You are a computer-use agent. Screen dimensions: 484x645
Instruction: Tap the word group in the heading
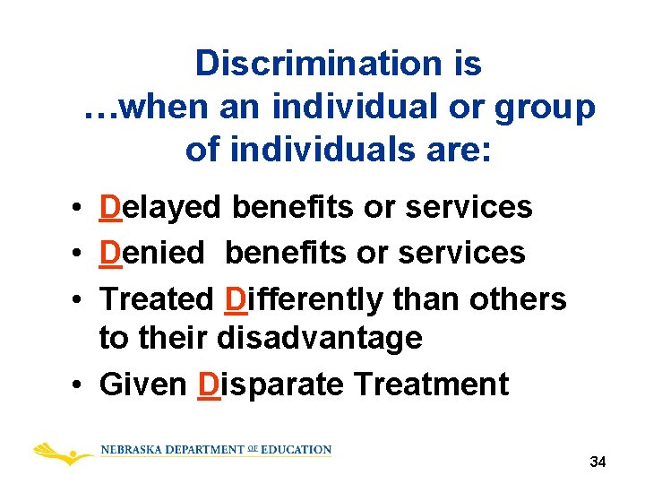[549, 108]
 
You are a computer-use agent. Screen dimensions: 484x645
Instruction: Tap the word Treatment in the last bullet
[431, 385]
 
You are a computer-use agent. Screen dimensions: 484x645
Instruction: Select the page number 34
[598, 462]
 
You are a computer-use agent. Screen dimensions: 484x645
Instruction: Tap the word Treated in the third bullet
[157, 298]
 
